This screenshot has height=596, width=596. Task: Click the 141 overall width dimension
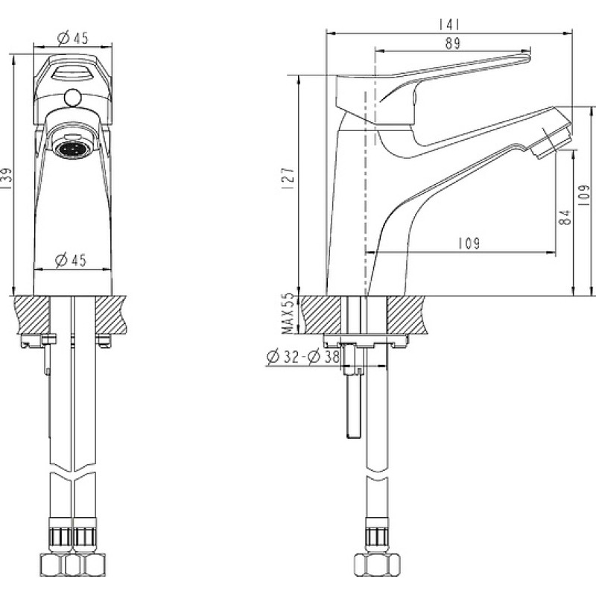[449, 25]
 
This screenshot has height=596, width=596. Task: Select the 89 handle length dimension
[452, 43]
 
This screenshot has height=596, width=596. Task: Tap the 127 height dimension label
[289, 179]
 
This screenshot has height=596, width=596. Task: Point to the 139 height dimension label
[7, 179]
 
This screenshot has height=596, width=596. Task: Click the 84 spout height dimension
[566, 217]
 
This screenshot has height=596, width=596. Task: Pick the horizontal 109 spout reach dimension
[469, 244]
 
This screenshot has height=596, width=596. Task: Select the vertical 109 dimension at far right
[583, 195]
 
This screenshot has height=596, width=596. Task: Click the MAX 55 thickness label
[289, 314]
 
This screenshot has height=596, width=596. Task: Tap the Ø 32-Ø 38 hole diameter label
[302, 357]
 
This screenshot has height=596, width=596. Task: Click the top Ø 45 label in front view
[72, 38]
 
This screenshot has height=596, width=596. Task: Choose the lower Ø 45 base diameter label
[71, 260]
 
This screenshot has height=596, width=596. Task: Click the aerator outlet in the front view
[72, 148]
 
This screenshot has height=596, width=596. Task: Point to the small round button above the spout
[72, 98]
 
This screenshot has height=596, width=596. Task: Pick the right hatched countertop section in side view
[405, 315]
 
